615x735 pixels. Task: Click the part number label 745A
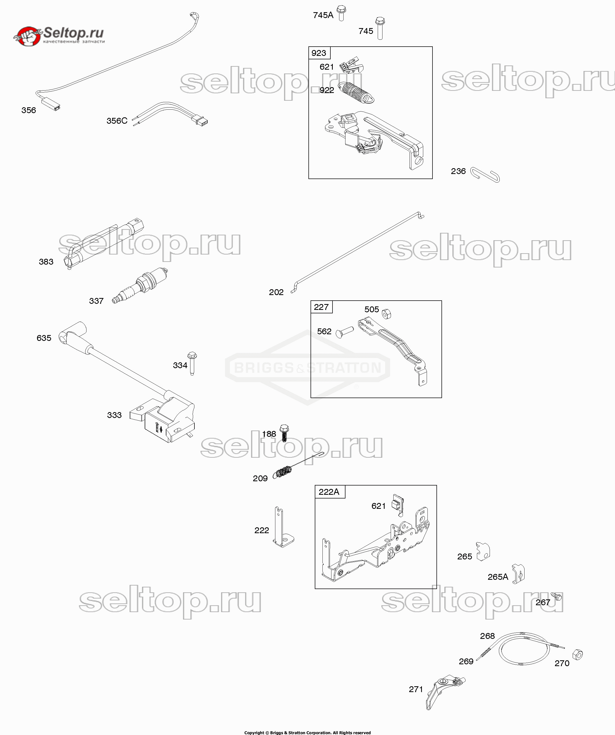323,15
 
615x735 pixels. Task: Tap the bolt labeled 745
380,28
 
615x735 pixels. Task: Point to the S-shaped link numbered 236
485,175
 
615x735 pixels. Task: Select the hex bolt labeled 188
284,433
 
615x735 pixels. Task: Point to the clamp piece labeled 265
483,552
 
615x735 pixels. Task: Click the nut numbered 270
578,654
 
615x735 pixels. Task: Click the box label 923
318,53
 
